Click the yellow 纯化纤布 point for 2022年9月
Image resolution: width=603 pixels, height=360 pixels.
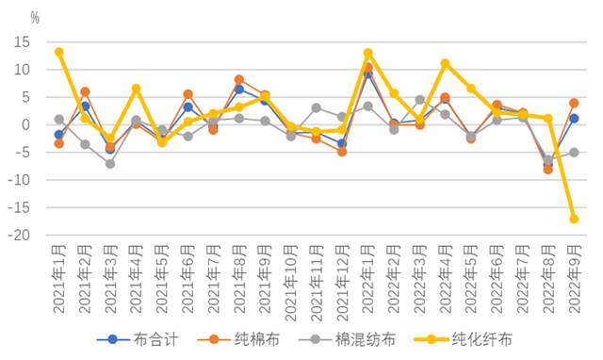573,219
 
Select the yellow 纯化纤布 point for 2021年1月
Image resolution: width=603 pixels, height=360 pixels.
58,52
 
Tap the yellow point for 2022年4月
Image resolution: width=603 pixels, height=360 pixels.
445,63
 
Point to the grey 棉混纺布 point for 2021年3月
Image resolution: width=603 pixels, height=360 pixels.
110,163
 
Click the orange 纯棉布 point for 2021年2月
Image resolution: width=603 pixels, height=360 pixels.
85,91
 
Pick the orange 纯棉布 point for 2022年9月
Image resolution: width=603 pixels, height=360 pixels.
573,103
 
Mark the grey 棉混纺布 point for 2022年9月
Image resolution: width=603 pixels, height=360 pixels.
573,152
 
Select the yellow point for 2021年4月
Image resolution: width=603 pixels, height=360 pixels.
136,89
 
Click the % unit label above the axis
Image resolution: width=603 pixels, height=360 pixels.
35,17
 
